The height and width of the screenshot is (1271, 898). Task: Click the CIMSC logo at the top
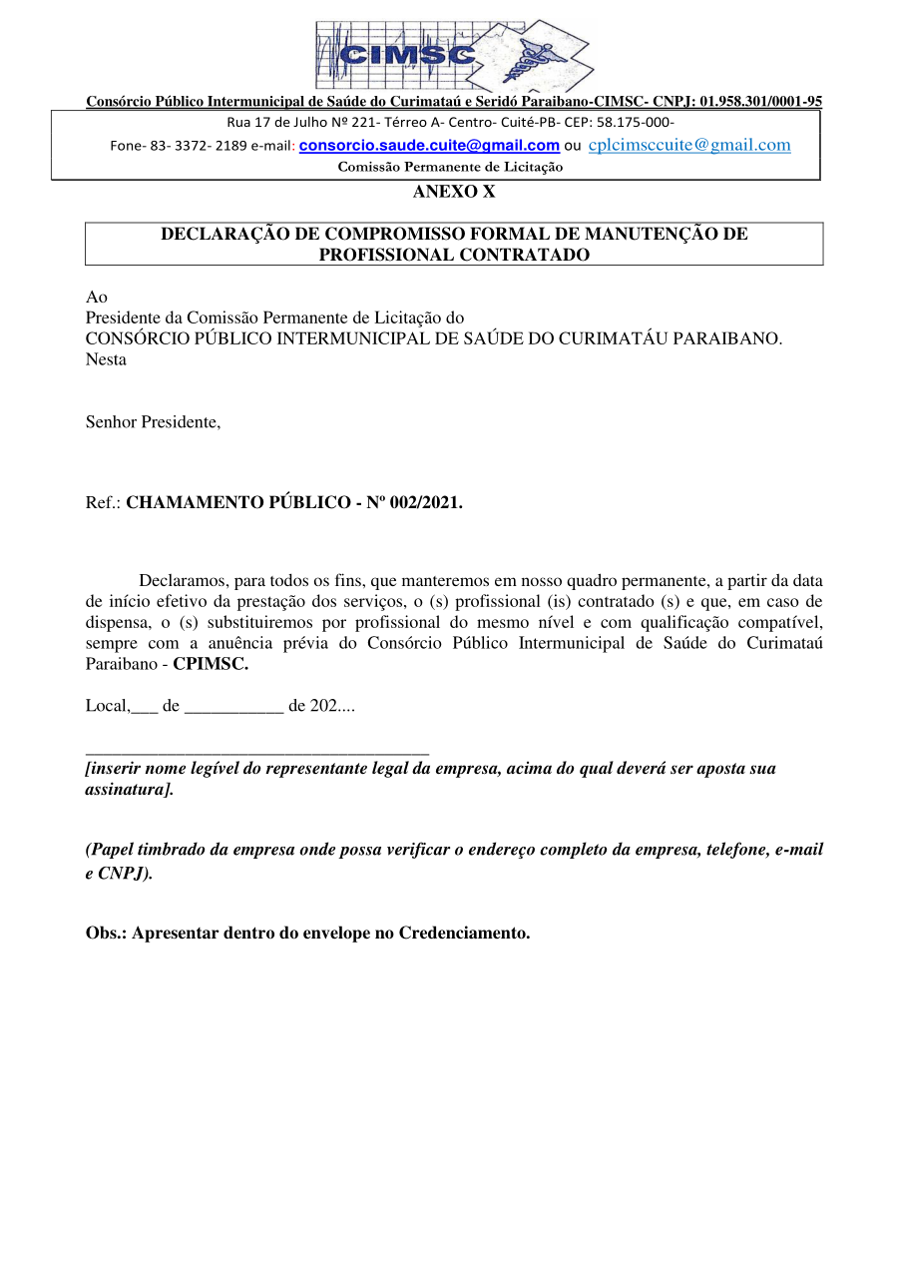[454, 55]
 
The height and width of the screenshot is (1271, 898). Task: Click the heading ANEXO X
[454, 192]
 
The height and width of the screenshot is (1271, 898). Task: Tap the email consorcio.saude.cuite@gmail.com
[429, 146]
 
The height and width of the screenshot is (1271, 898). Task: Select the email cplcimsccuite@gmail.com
[689, 146]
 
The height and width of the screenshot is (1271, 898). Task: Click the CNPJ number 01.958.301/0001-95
[761, 101]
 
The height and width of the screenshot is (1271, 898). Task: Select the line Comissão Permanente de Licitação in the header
[450, 167]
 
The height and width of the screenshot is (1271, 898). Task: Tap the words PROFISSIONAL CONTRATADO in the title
[454, 255]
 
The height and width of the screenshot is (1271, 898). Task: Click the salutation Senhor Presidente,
[153, 421]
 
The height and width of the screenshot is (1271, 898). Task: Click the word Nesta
[106, 359]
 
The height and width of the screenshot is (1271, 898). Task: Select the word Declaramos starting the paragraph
[184, 580]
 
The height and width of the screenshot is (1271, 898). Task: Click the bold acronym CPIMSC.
[211, 663]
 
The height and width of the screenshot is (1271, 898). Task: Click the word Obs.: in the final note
[106, 934]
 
